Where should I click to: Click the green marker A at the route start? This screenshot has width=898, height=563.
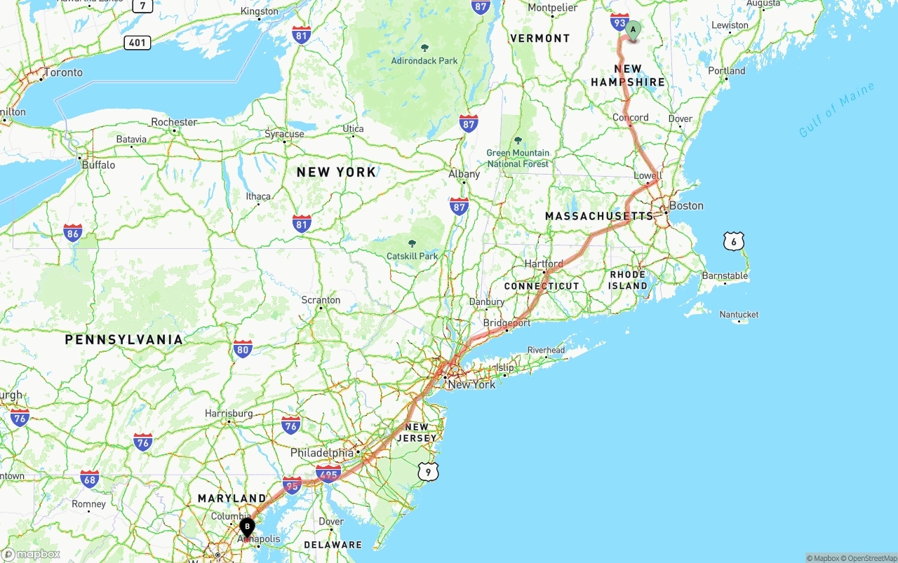point(633,30)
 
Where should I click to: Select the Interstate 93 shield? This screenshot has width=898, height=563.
point(619,22)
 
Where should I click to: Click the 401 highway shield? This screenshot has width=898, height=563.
point(138,43)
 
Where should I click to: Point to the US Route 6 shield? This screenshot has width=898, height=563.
point(733,242)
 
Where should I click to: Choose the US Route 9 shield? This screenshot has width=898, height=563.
point(429,472)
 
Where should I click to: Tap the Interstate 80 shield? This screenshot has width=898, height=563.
point(243,348)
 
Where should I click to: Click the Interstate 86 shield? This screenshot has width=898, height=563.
point(72,233)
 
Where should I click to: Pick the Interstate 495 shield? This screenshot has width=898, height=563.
point(328,473)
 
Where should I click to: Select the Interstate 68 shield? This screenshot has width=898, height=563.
point(89,479)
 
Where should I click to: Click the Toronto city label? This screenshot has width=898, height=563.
point(63,72)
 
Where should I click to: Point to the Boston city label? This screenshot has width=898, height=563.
point(685,205)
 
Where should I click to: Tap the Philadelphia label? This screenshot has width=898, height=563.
point(322,453)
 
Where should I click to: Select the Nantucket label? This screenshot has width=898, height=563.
point(739,315)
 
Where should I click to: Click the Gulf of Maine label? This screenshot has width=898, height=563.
point(837,109)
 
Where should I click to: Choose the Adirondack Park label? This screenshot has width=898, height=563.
point(424,61)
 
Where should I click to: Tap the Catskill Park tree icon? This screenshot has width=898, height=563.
point(412,243)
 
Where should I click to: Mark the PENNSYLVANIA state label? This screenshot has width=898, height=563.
point(124,339)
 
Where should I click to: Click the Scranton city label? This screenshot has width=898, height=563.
point(321,300)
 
